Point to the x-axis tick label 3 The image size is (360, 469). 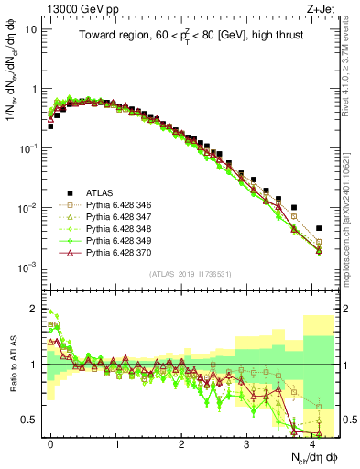pyautogui.click(x=247, y=443)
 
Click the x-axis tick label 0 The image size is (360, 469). pyautogui.click(x=51, y=443)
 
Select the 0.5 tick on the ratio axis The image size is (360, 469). pyautogui.click(x=29, y=420)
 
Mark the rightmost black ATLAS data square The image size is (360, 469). pyautogui.click(x=319, y=228)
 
